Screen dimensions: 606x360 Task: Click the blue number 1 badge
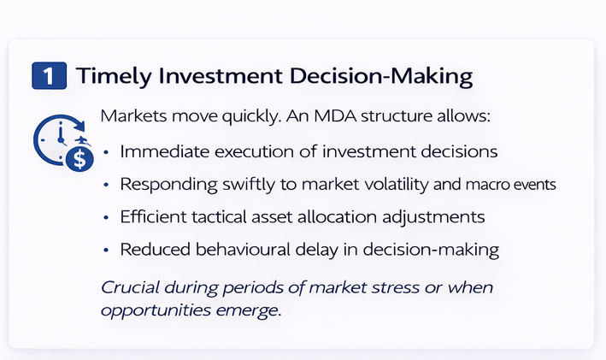point(49,76)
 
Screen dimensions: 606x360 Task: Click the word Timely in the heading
point(114,77)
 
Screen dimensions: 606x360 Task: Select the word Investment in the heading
point(221,75)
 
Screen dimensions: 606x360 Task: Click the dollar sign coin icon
point(79,158)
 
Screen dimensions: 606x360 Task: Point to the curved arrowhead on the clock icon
point(80,125)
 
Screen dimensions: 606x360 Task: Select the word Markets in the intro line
point(133,116)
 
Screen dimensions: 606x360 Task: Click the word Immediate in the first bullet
point(165,151)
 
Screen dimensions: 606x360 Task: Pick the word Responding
point(169,185)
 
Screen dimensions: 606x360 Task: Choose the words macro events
point(510,185)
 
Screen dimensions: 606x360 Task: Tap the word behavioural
point(243,250)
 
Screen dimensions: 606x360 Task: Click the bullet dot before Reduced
point(106,251)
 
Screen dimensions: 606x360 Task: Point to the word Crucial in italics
point(130,287)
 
